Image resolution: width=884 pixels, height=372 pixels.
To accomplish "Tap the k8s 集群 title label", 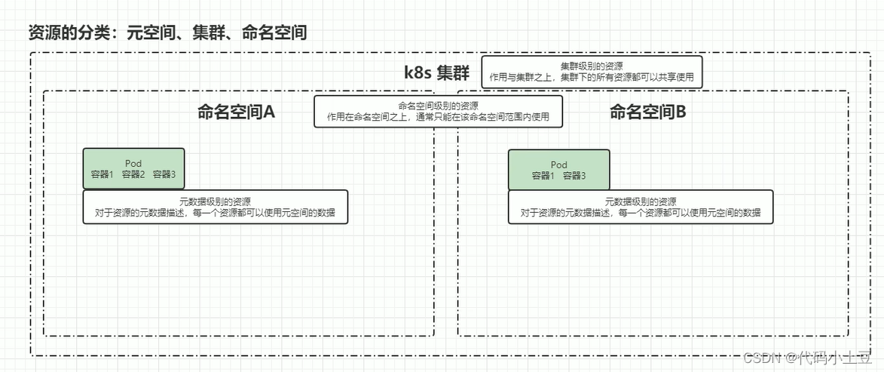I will pyautogui.click(x=436, y=73).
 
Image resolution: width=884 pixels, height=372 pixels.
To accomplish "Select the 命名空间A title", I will pyautogui.click(x=236, y=112).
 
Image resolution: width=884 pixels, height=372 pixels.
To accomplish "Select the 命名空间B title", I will pyautogui.click(x=647, y=112).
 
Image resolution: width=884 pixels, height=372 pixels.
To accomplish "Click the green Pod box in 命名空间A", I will pyautogui.click(x=133, y=168).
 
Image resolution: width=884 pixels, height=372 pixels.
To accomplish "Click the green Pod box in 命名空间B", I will pyautogui.click(x=558, y=169).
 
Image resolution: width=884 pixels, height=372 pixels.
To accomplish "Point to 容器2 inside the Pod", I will pyautogui.click(x=133, y=174).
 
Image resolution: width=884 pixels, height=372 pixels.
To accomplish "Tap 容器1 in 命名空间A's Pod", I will pyautogui.click(x=102, y=174).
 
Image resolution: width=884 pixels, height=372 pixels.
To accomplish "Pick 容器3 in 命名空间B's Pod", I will pyautogui.click(x=574, y=176).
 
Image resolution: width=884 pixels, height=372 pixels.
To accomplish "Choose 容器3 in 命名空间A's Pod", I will pyautogui.click(x=164, y=174).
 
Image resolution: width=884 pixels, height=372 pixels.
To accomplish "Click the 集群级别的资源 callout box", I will pyautogui.click(x=592, y=72).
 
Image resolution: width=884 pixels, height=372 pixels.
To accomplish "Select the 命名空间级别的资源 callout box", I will pyautogui.click(x=438, y=112).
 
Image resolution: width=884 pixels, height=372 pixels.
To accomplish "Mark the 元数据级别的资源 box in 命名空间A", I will pyautogui.click(x=216, y=207).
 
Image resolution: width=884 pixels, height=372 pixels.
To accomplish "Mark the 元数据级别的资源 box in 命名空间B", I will pyautogui.click(x=641, y=207).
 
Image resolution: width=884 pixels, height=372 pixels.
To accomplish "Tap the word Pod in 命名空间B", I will pyautogui.click(x=558, y=164).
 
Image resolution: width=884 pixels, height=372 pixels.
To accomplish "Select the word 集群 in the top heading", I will pyautogui.click(x=216, y=33).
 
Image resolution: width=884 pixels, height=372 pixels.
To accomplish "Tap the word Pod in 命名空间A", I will pyautogui.click(x=133, y=163).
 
